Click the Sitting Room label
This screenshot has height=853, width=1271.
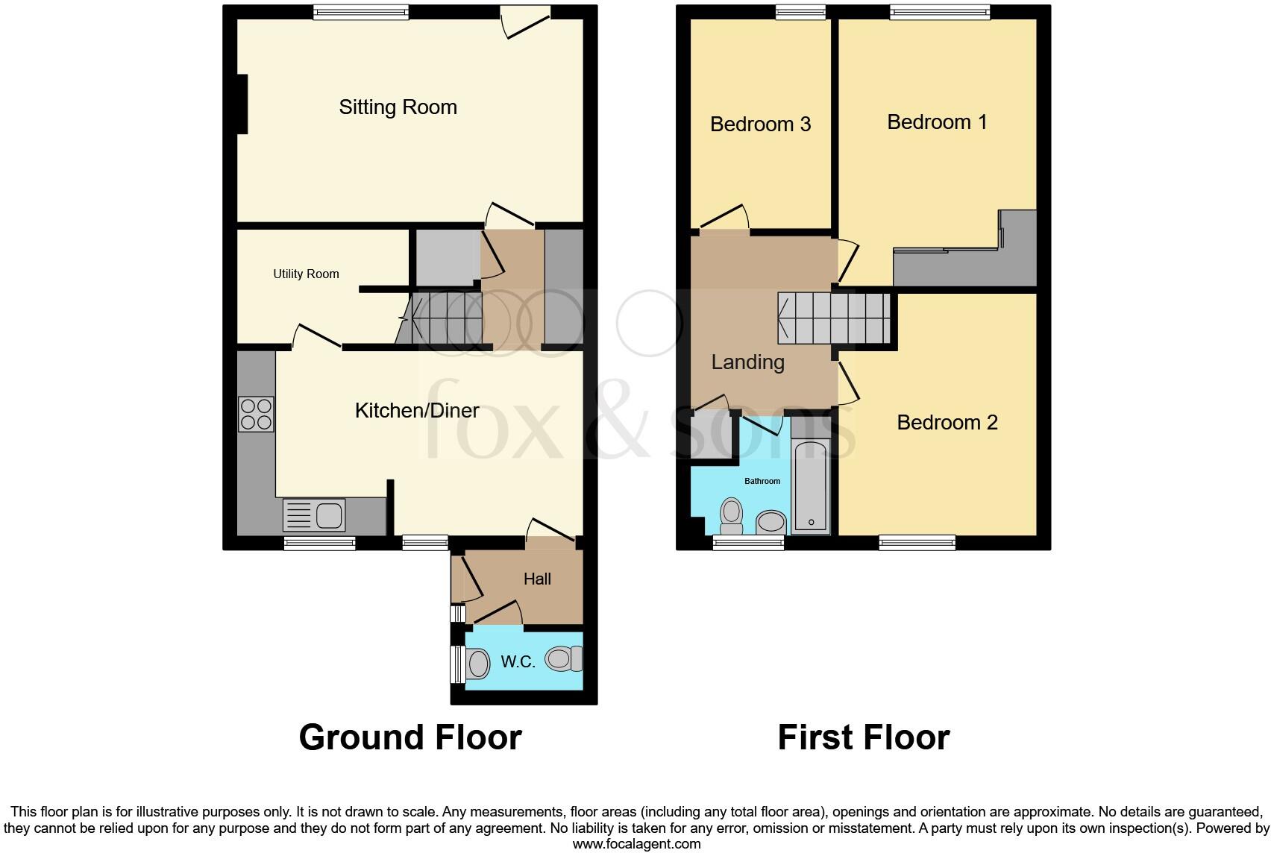pos(398,107)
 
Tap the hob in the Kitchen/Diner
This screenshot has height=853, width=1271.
pos(256,415)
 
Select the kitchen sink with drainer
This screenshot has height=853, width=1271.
pos(313,515)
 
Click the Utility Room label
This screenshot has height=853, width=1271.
pos(306,274)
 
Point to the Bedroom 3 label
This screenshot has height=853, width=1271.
pos(760,124)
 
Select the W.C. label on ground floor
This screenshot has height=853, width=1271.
pos(518,661)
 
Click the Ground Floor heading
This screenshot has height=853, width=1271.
pos(410,737)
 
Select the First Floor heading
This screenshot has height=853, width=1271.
pos(863,737)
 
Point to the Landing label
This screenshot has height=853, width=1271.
pos(747,362)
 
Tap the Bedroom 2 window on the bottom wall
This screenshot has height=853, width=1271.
pos(917,542)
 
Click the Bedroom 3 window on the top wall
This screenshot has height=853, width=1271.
pos(800,12)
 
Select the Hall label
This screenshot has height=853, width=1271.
pos(537,579)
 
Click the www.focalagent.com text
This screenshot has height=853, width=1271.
pos(636,844)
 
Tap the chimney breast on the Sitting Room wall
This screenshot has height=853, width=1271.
pos(242,104)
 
